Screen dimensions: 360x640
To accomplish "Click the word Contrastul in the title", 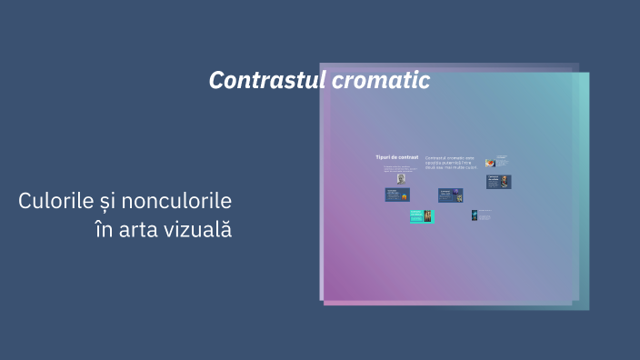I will pyautogui.click(x=265, y=81).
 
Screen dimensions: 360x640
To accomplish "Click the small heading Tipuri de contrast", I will pyautogui.click(x=397, y=157).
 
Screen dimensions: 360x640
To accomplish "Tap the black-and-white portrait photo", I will pyautogui.click(x=401, y=178).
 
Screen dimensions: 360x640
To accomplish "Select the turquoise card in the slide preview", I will pyautogui.click(x=422, y=216).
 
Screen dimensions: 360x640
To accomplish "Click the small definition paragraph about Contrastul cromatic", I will pyautogui.click(x=450, y=162).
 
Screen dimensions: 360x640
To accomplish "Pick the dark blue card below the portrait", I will pyautogui.click(x=397, y=195).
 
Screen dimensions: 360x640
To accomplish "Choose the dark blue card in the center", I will pyautogui.click(x=451, y=195).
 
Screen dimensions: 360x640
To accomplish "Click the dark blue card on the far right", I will pyautogui.click(x=498, y=182).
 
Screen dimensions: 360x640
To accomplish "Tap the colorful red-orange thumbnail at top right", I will pyautogui.click(x=490, y=162).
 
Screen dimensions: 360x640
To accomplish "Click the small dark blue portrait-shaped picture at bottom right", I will pyautogui.click(x=475, y=215).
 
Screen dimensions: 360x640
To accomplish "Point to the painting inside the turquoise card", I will pyautogui.click(x=426, y=216).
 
